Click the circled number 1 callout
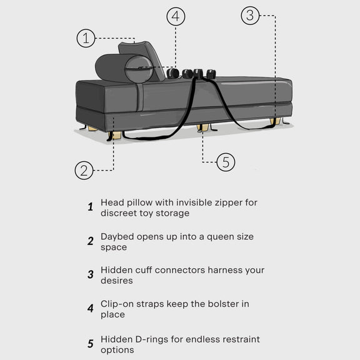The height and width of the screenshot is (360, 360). pyautogui.click(x=86, y=38)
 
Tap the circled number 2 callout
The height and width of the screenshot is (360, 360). pyautogui.click(x=84, y=171)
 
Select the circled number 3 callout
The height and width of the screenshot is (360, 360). pyautogui.click(x=250, y=16)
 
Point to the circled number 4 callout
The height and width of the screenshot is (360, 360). pyautogui.click(x=176, y=16)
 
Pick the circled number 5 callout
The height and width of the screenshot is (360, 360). pyautogui.click(x=226, y=162)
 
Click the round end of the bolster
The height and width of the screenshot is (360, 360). pyautogui.click(x=139, y=69)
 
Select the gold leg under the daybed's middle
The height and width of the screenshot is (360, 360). pyautogui.click(x=203, y=127)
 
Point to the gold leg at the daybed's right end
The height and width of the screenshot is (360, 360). pyautogui.click(x=275, y=121)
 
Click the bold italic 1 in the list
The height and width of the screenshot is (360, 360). pyautogui.click(x=91, y=207)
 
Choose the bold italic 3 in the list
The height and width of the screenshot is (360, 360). pyautogui.click(x=91, y=274)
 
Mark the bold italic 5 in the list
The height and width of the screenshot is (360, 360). pyautogui.click(x=91, y=344)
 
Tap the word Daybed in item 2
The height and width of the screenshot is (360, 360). pyautogui.click(x=117, y=237)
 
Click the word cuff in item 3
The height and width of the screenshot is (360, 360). pyautogui.click(x=144, y=270)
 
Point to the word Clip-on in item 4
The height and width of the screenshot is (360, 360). pyautogui.click(x=117, y=304)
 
